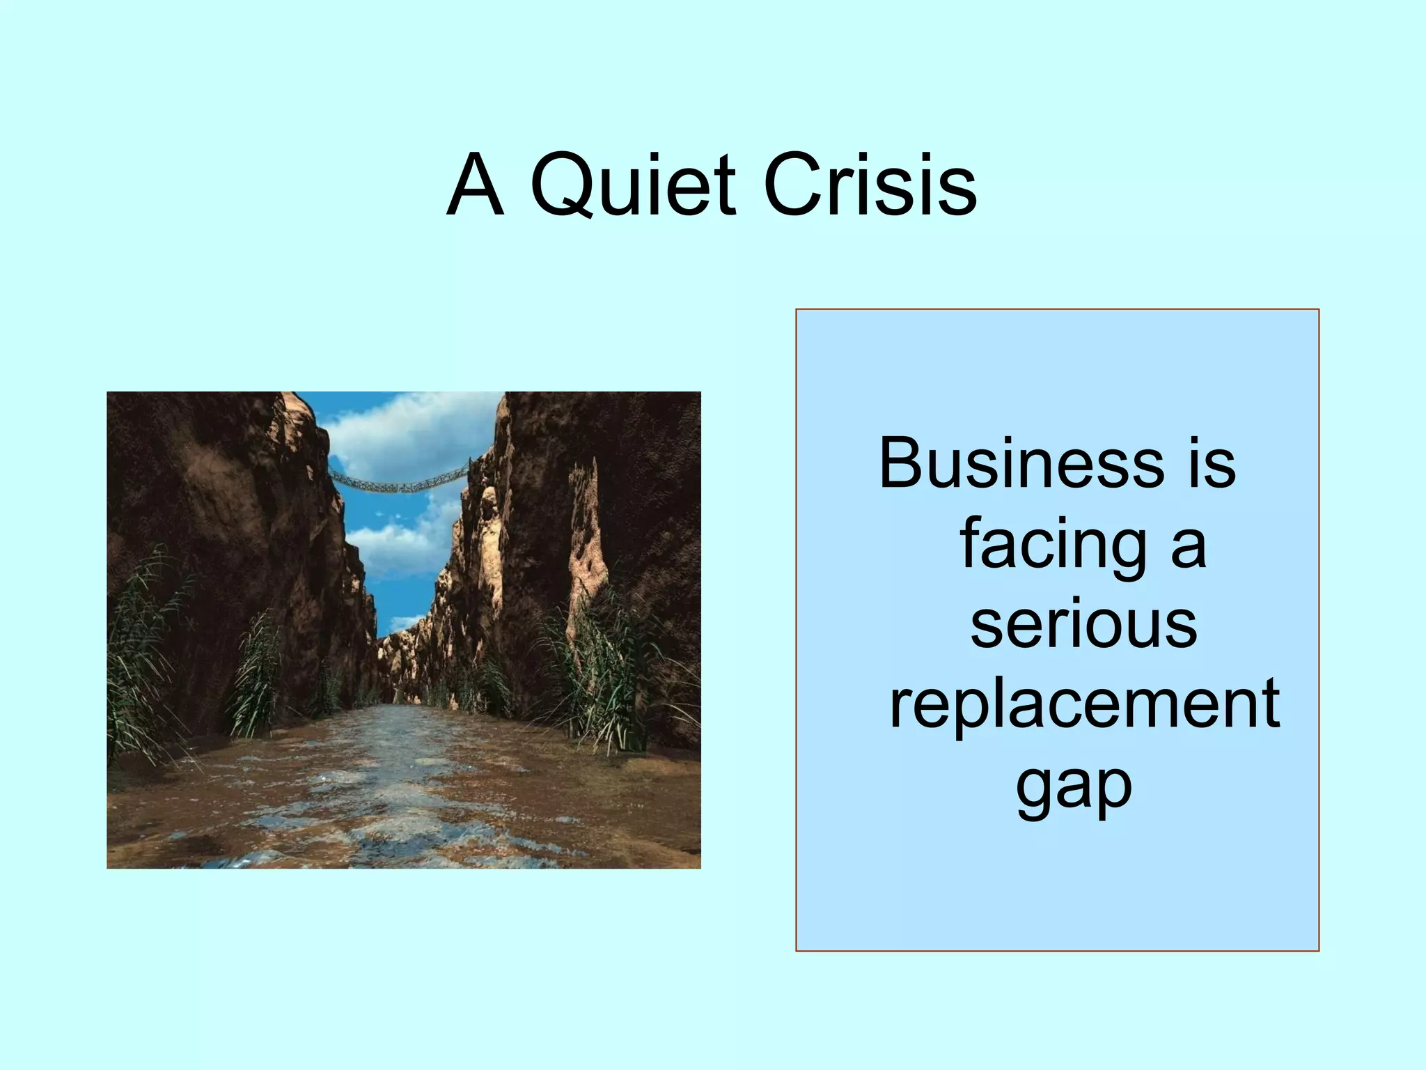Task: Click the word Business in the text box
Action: tap(1021, 463)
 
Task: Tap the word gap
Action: tap(1074, 787)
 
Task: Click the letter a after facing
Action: tap(1189, 546)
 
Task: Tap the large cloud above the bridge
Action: tap(411, 428)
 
